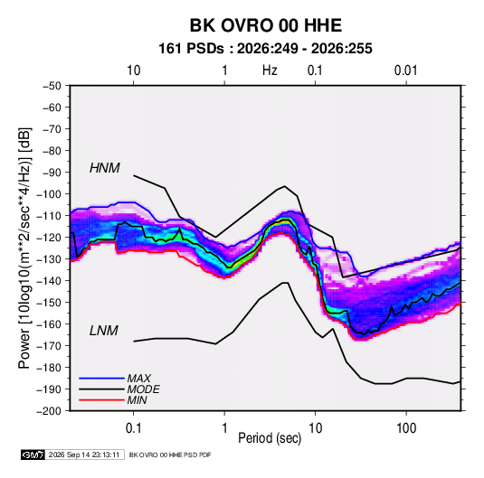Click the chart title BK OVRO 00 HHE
[265, 25]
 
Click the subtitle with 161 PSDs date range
[265, 49]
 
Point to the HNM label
[105, 168]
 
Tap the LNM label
[104, 331]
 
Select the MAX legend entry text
[139, 378]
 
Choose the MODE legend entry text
[143, 389]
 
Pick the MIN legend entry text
[137, 400]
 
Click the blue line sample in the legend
[101, 378]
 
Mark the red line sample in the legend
[101, 400]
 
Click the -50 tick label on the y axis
[52, 86]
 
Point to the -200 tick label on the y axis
[49, 411]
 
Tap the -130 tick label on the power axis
[49, 259]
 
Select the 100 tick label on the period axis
[406, 428]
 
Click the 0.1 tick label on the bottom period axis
[133, 428]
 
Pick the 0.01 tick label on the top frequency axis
[406, 70]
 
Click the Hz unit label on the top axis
[270, 70]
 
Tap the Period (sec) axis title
[270, 438]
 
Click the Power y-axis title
[24, 248]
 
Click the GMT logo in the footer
[33, 455]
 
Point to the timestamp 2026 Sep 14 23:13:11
[84, 455]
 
